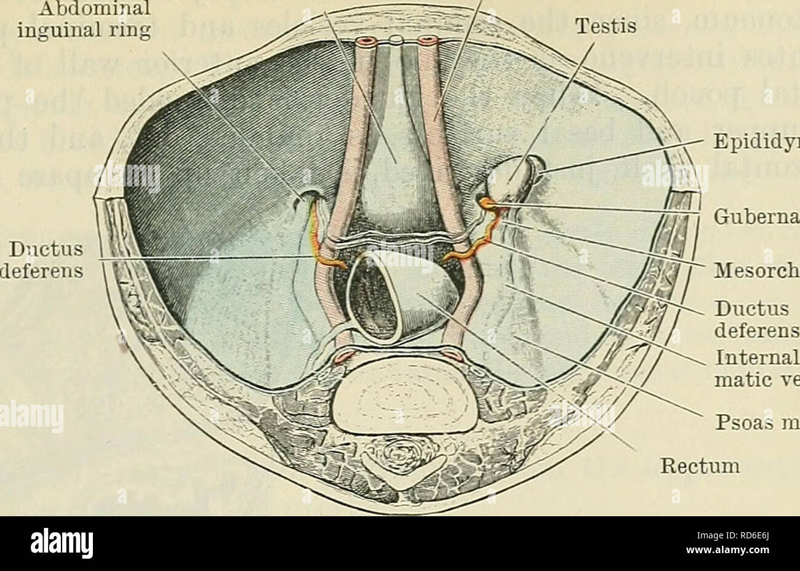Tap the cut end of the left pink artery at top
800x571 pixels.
(x=368, y=42)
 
